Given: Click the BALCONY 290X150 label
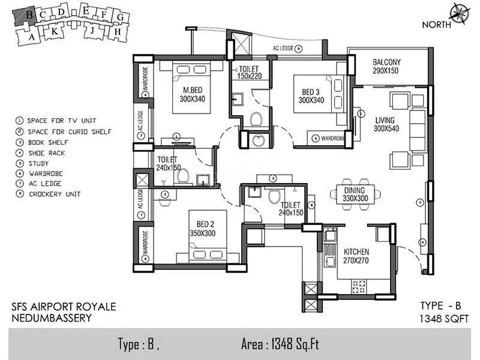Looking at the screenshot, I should [386, 67].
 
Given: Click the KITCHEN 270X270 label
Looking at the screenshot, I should [356, 256].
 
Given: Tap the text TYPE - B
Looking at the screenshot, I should [441, 306].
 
